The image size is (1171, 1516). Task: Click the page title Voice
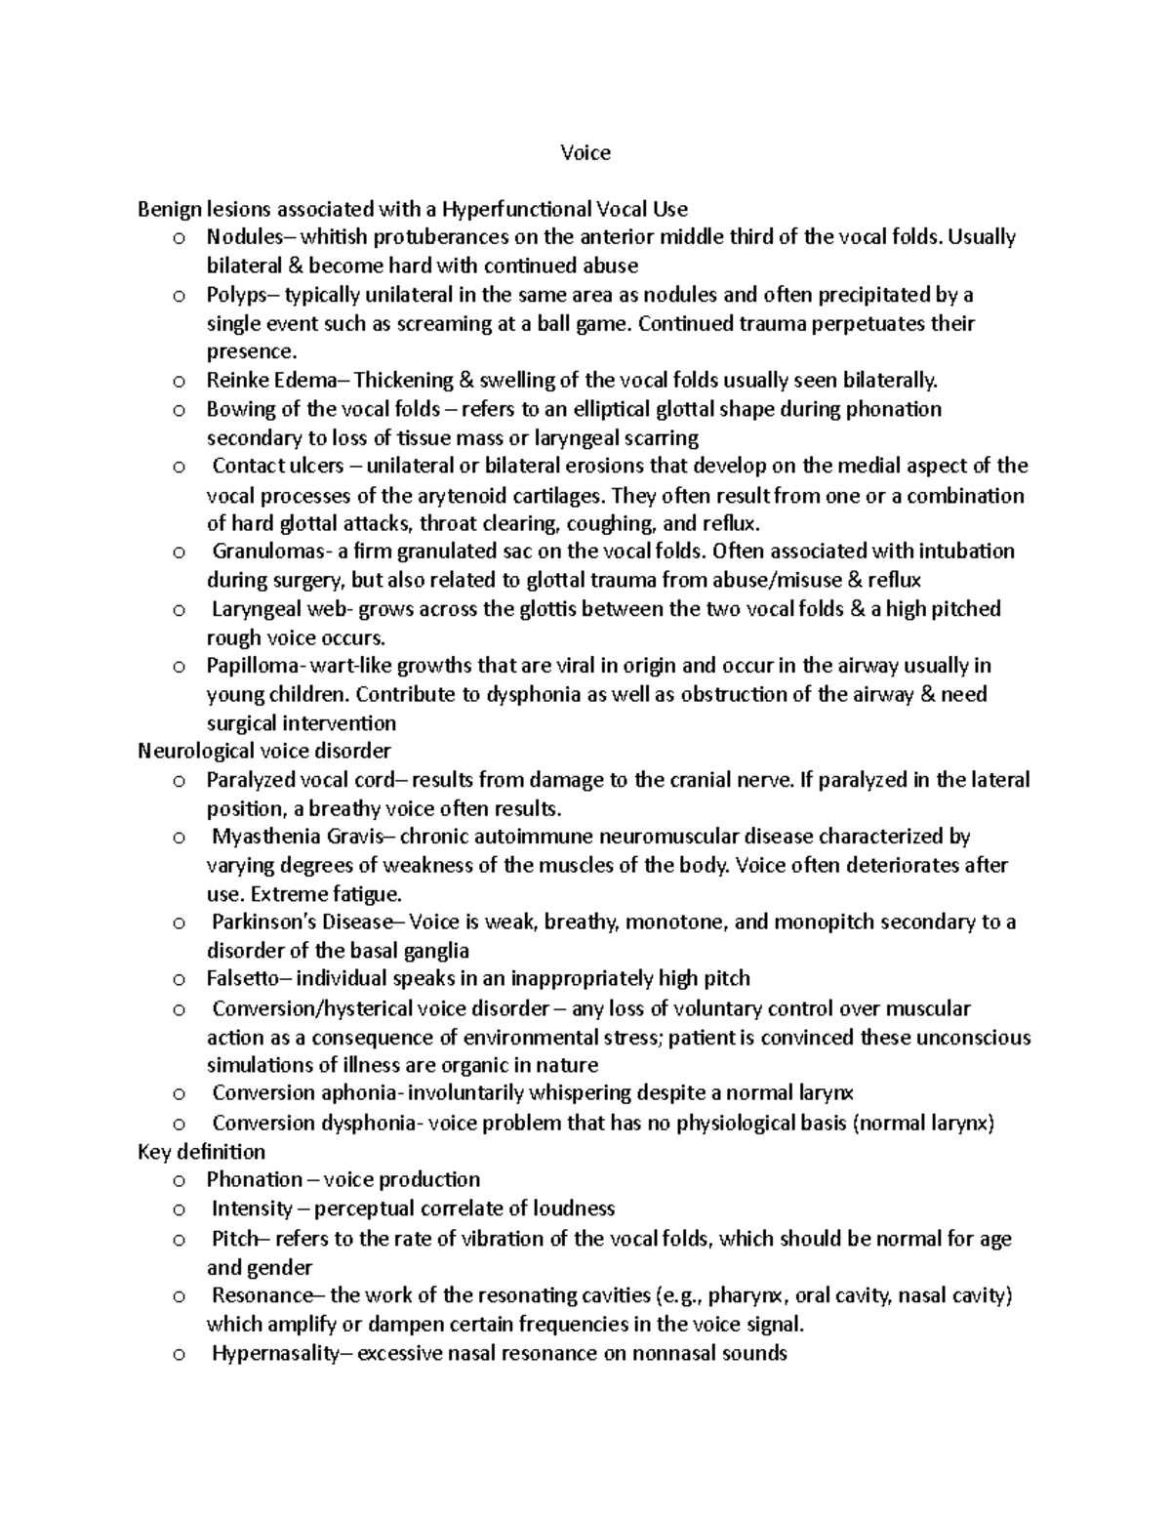coord(585,152)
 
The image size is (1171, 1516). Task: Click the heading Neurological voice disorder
coord(264,751)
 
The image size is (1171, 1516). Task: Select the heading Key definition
coord(202,1151)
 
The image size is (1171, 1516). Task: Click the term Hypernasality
coord(274,1353)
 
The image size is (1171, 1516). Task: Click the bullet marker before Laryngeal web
coord(178,610)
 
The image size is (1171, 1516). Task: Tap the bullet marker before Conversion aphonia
coord(178,1094)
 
